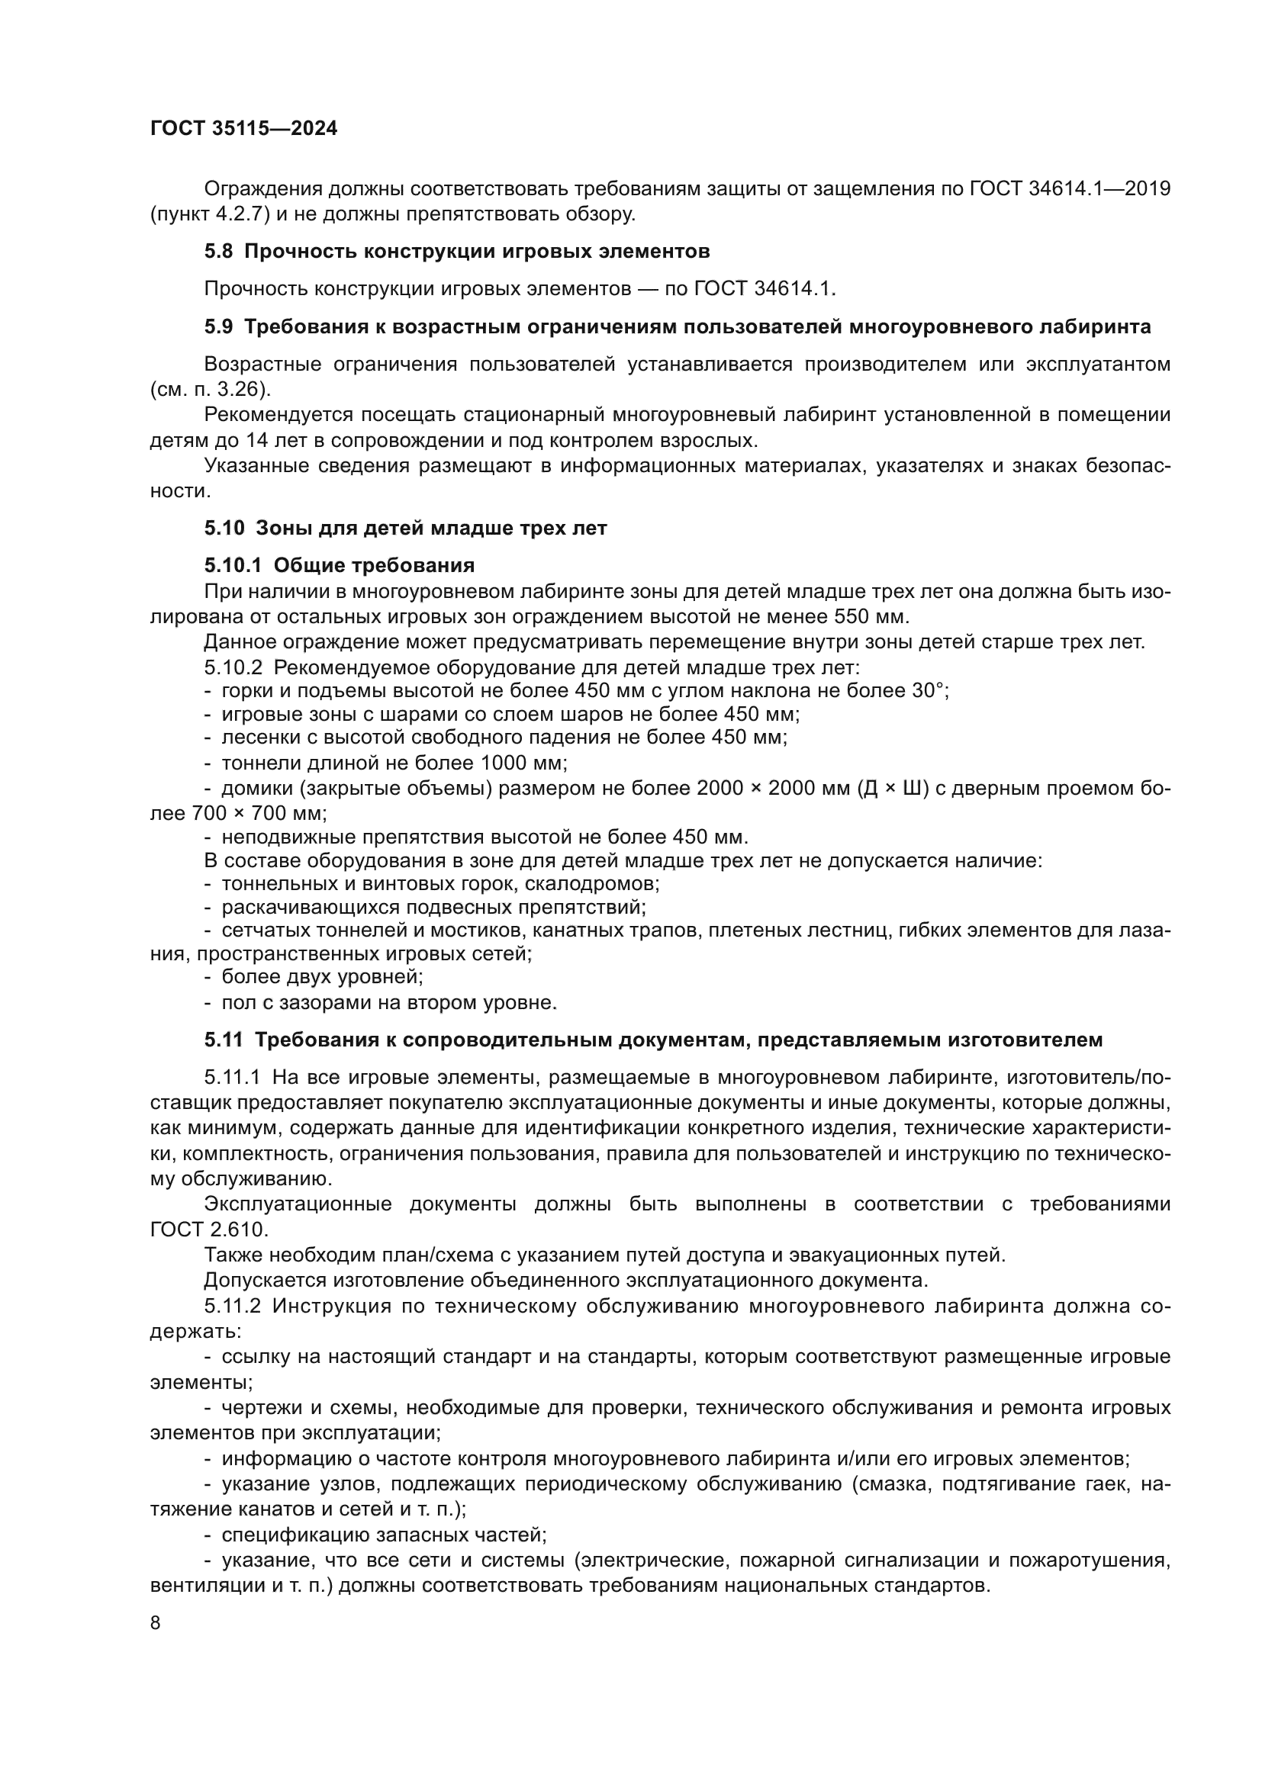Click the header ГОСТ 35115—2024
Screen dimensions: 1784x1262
[243, 129]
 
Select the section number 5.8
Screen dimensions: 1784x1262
[218, 251]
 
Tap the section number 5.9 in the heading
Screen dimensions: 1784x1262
[218, 327]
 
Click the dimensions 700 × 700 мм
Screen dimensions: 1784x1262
[257, 813]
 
